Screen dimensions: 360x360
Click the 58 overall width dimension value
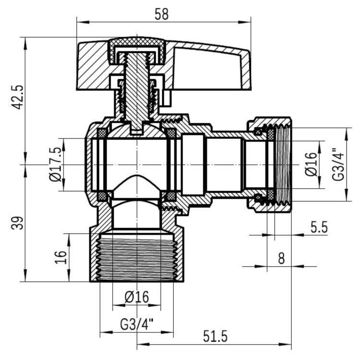[x=162, y=14]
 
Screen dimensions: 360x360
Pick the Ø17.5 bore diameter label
[x=56, y=165]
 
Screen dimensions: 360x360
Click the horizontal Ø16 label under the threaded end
[x=137, y=297]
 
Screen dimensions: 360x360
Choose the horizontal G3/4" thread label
[x=136, y=323]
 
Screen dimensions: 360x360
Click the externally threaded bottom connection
[x=137, y=257]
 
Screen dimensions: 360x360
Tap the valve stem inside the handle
[x=137, y=91]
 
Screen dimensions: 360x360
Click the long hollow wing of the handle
[x=211, y=67]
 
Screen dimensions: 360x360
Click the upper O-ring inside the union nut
[x=258, y=132]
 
